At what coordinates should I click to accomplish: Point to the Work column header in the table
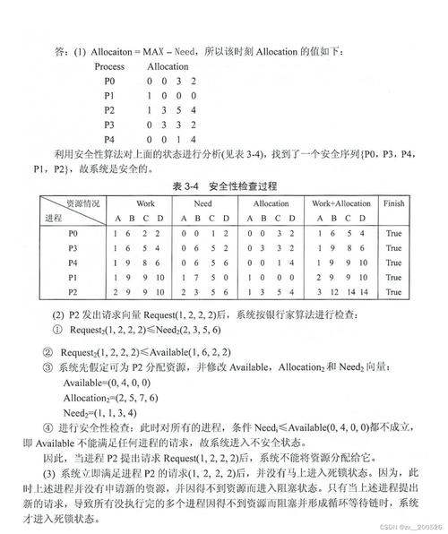144,203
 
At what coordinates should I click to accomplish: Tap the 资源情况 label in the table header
73,202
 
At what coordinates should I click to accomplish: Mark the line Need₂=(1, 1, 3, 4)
99,412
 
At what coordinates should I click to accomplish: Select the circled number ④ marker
47,427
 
